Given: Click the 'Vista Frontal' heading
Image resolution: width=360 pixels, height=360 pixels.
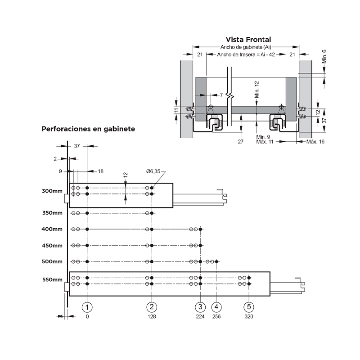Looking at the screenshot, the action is click(248, 40).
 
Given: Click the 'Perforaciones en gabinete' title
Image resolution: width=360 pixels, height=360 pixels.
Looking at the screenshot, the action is click(88, 129).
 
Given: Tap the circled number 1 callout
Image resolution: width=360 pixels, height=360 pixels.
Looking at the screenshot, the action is click(87, 307).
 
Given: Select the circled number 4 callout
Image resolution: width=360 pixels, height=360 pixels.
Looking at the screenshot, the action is click(216, 307).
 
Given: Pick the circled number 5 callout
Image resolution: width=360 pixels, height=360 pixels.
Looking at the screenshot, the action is click(249, 307).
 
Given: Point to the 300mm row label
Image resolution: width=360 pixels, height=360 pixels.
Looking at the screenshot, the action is click(52, 191).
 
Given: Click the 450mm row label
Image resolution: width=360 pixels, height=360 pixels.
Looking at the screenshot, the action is click(52, 246).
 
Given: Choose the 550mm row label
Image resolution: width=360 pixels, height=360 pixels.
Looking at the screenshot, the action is click(52, 279).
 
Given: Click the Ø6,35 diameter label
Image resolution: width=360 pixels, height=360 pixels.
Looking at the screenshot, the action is click(153, 171).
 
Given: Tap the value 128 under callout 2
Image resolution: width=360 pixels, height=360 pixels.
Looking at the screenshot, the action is click(152, 317).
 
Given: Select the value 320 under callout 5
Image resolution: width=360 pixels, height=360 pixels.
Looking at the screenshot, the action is click(249, 317).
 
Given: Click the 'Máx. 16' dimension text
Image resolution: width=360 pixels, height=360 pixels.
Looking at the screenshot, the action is click(315, 142).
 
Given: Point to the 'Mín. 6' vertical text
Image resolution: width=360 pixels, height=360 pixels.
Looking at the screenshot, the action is click(324, 57).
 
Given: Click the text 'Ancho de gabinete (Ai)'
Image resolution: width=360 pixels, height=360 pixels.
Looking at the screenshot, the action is click(246, 47).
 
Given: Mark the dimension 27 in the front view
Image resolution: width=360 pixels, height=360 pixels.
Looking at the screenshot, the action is click(240, 142).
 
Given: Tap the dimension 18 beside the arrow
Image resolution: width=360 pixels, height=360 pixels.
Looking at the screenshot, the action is click(100, 171).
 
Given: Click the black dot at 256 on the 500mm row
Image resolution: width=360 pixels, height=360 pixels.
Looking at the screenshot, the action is click(216, 261).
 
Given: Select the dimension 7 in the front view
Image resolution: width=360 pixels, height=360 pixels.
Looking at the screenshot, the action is click(221, 95).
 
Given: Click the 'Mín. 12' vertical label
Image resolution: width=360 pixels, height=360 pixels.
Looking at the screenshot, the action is click(256, 90).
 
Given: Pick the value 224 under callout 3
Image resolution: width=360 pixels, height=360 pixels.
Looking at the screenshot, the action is click(200, 317).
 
